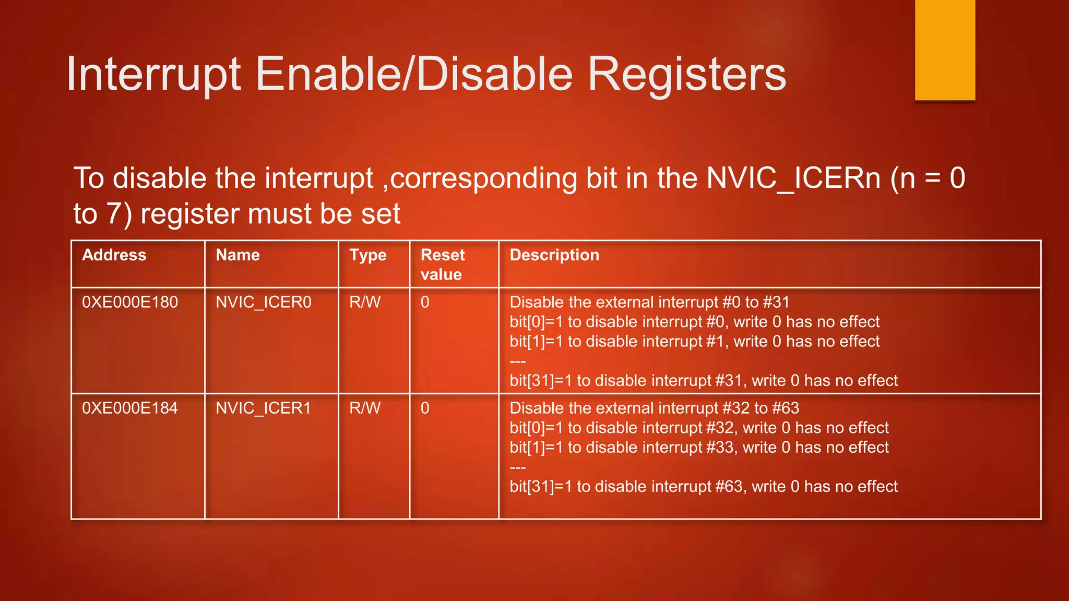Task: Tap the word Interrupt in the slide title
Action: click(154, 75)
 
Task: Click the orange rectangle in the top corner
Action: click(945, 50)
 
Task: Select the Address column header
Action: click(114, 255)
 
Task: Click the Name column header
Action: click(237, 255)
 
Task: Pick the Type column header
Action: click(368, 255)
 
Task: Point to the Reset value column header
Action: click(442, 265)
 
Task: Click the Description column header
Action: click(554, 255)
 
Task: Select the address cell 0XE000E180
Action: click(130, 302)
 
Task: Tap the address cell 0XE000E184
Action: click(130, 408)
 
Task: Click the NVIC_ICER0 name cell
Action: click(264, 302)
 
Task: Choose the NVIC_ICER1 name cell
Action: click(264, 408)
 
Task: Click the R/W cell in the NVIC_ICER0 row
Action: click(365, 302)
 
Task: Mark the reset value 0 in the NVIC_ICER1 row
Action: click(425, 408)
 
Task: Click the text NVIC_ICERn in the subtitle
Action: click(793, 178)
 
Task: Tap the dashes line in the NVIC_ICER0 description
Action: click(518, 362)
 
